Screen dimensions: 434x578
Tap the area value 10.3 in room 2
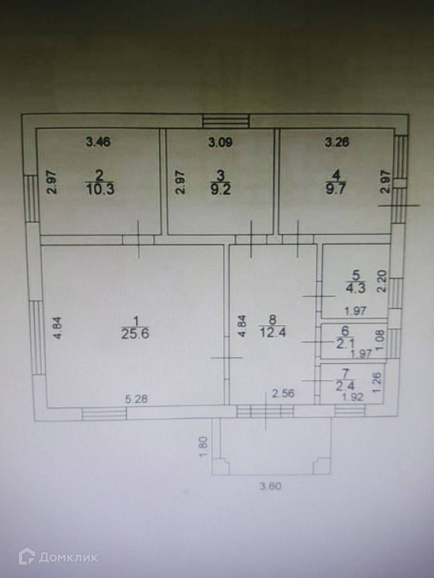[100, 189]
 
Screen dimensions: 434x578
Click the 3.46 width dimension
[98, 142]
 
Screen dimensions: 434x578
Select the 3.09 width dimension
[220, 142]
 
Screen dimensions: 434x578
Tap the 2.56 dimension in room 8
[284, 394]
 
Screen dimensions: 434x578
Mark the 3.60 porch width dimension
[270, 486]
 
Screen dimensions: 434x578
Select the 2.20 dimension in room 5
[381, 281]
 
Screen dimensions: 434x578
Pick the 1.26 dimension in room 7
[378, 383]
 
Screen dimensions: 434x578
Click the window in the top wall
[226, 121]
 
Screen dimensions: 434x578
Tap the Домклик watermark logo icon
[26, 557]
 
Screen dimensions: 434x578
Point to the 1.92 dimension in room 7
[352, 398]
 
